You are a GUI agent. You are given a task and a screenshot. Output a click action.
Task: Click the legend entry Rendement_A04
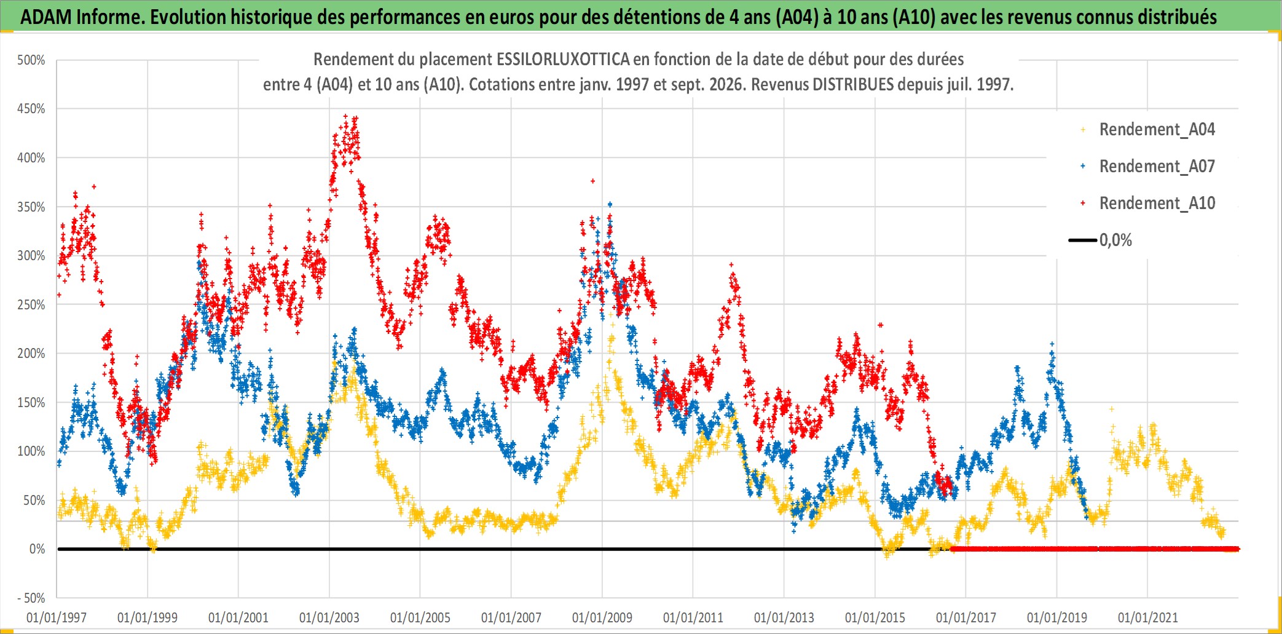1157,130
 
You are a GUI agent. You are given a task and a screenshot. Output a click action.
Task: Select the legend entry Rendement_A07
1157,167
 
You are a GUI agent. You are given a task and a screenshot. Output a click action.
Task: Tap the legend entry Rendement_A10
1157,204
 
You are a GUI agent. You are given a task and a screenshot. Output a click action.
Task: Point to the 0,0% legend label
1115,240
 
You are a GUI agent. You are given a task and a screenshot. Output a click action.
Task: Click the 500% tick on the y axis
31,60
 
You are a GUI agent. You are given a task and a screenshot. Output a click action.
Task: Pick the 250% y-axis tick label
31,305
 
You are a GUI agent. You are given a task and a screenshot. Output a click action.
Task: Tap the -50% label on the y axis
31,598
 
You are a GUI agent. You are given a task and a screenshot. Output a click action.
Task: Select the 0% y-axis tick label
37,549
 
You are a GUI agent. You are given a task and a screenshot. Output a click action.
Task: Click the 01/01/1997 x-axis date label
57,617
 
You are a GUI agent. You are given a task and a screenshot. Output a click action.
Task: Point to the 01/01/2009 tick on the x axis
602,617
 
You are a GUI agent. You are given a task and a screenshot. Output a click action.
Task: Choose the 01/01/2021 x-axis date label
1148,617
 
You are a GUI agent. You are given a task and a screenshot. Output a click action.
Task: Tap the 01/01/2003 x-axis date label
329,617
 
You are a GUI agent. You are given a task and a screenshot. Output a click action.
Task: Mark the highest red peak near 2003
345,116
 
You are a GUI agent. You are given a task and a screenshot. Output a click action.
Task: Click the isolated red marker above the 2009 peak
593,181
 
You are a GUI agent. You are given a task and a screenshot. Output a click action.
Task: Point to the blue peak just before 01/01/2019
1052,344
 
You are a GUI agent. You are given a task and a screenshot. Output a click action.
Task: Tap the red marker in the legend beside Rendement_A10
1083,204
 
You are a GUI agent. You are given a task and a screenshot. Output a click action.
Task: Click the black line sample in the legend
1083,240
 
